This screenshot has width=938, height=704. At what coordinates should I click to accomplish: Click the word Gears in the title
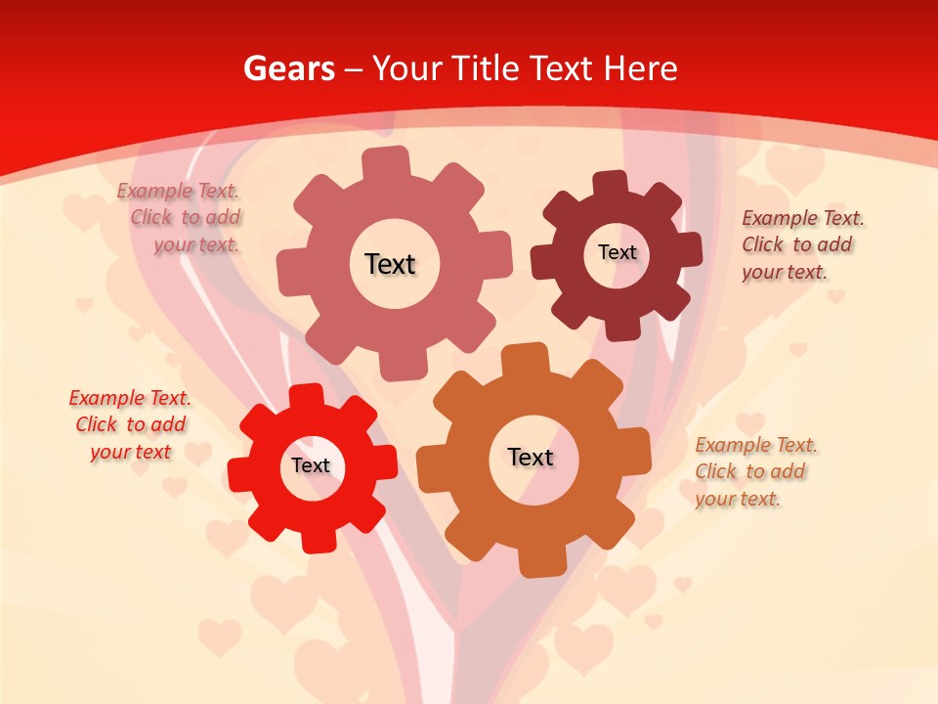point(288,68)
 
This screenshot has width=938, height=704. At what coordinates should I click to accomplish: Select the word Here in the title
point(640,68)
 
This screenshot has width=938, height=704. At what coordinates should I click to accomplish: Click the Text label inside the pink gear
point(390,264)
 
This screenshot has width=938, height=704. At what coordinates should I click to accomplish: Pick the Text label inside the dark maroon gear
point(617,252)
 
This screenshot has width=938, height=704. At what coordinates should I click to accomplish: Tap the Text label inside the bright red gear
point(311,465)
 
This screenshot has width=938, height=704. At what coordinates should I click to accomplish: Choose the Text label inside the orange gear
point(531,457)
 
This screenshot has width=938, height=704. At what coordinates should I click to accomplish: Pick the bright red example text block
point(130,425)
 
